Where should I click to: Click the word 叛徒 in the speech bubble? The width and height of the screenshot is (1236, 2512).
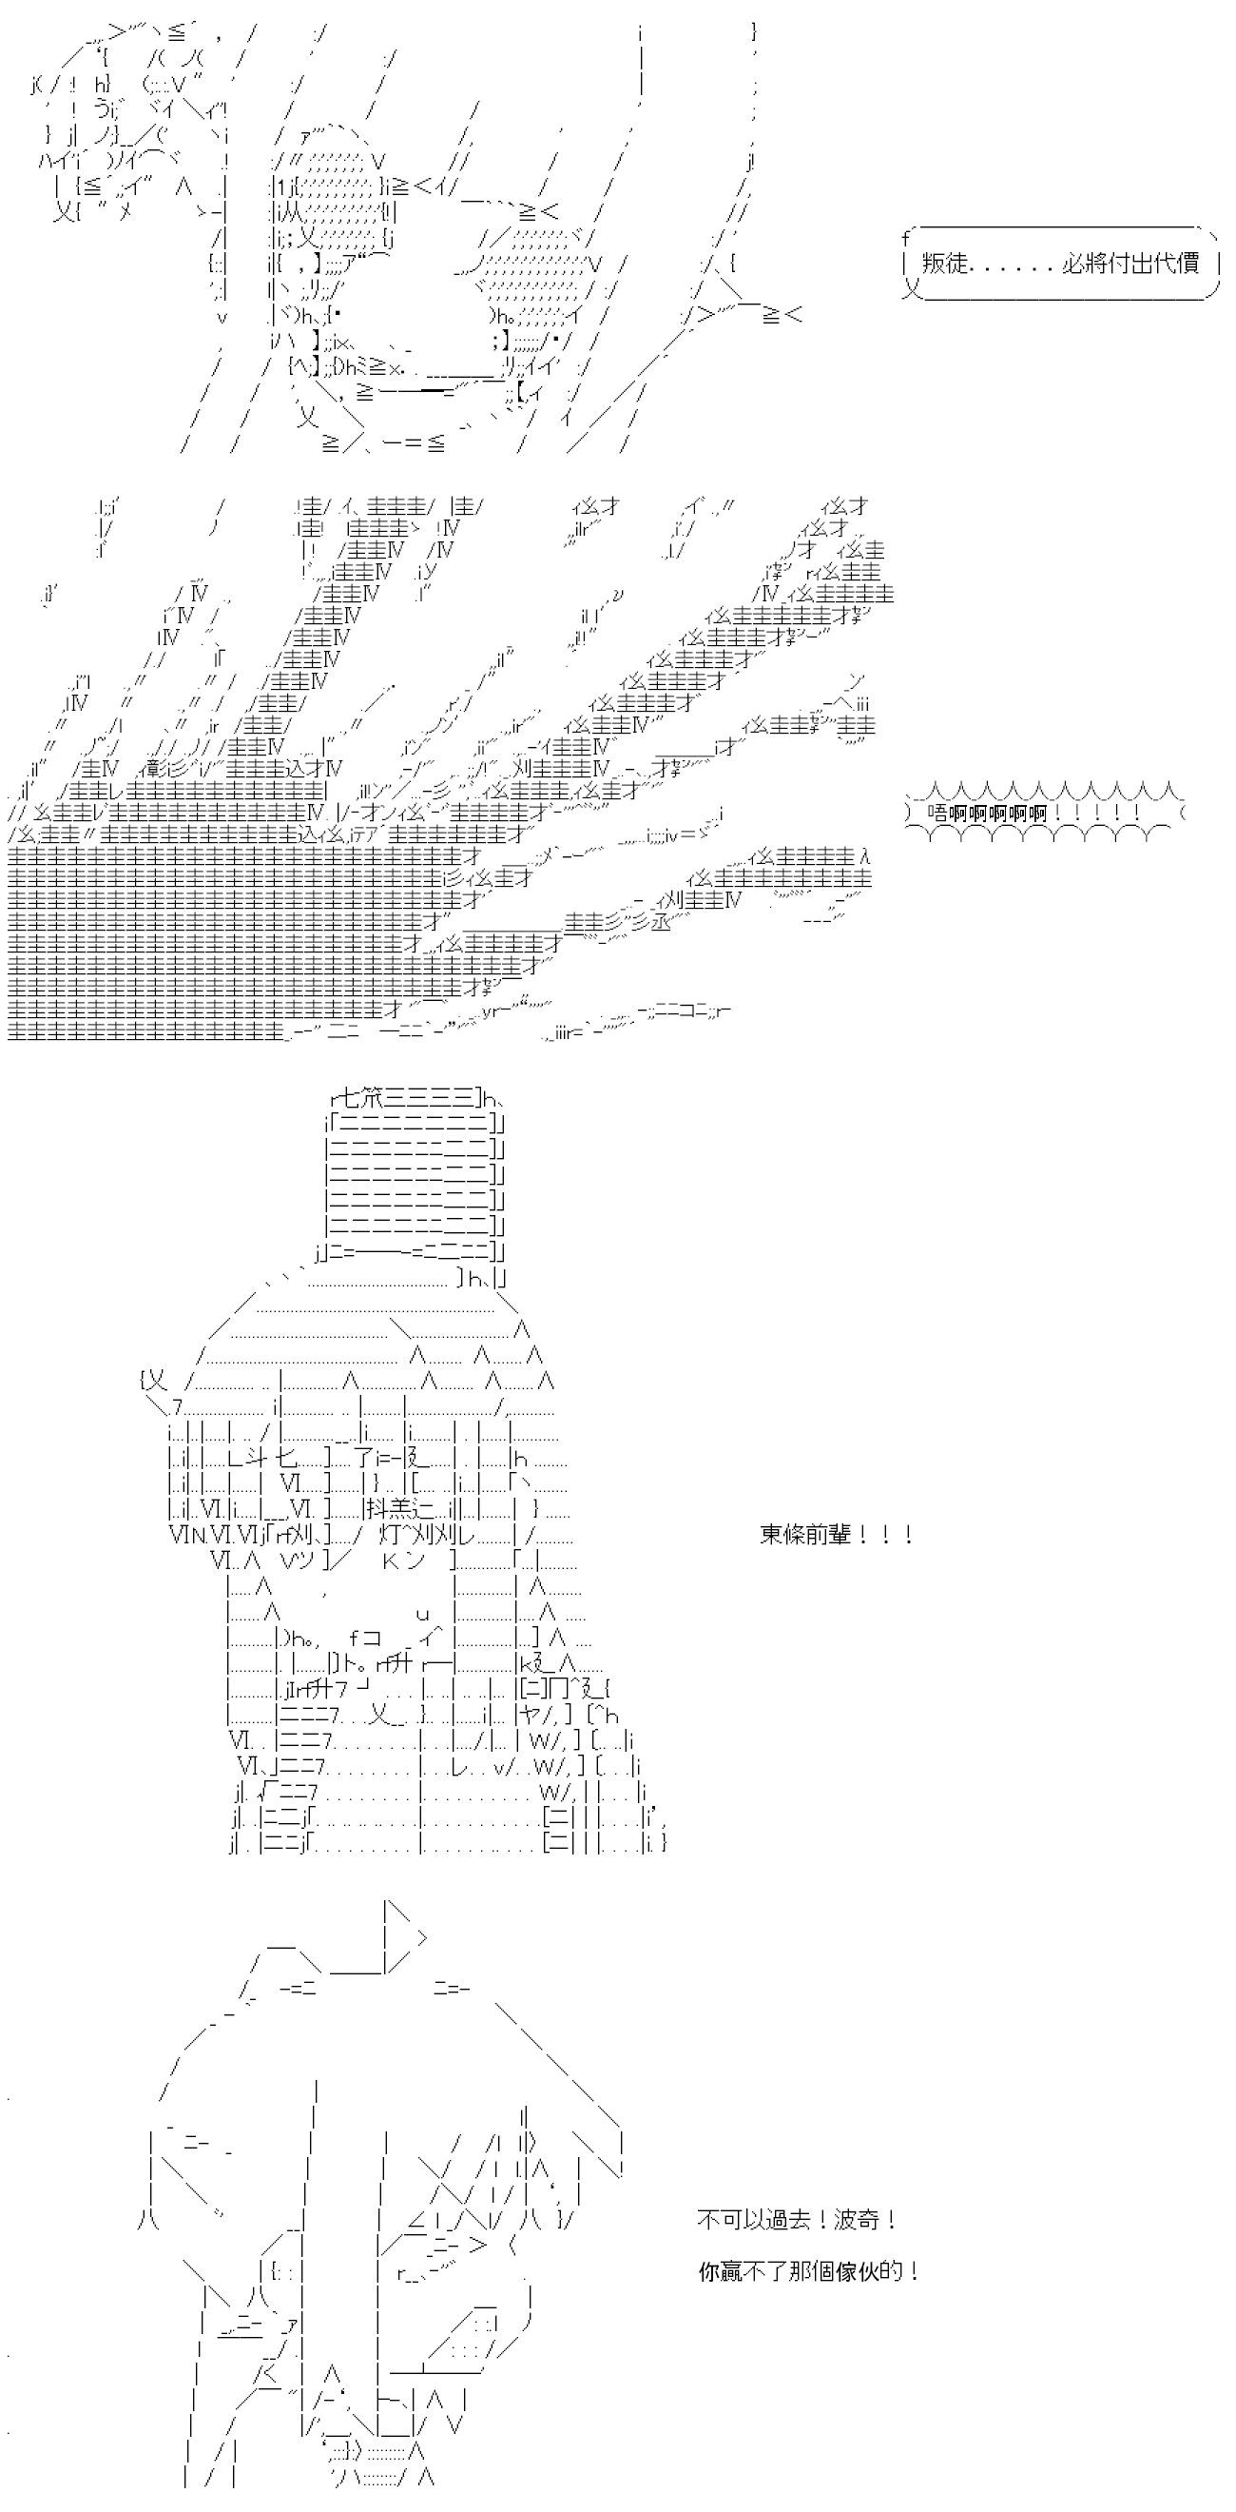tap(943, 264)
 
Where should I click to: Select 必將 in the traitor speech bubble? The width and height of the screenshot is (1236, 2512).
tap(1083, 264)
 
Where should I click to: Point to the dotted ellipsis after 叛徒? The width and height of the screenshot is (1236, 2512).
tap(1013, 270)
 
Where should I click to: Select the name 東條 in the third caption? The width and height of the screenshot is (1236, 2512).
tap(782, 1535)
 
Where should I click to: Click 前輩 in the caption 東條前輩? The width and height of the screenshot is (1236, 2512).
tap(828, 1535)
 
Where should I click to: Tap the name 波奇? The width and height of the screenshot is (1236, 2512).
tap(859, 2221)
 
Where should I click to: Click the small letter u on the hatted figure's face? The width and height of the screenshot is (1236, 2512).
tap(422, 1615)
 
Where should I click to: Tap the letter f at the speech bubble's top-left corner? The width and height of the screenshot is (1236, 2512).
tap(905, 237)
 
